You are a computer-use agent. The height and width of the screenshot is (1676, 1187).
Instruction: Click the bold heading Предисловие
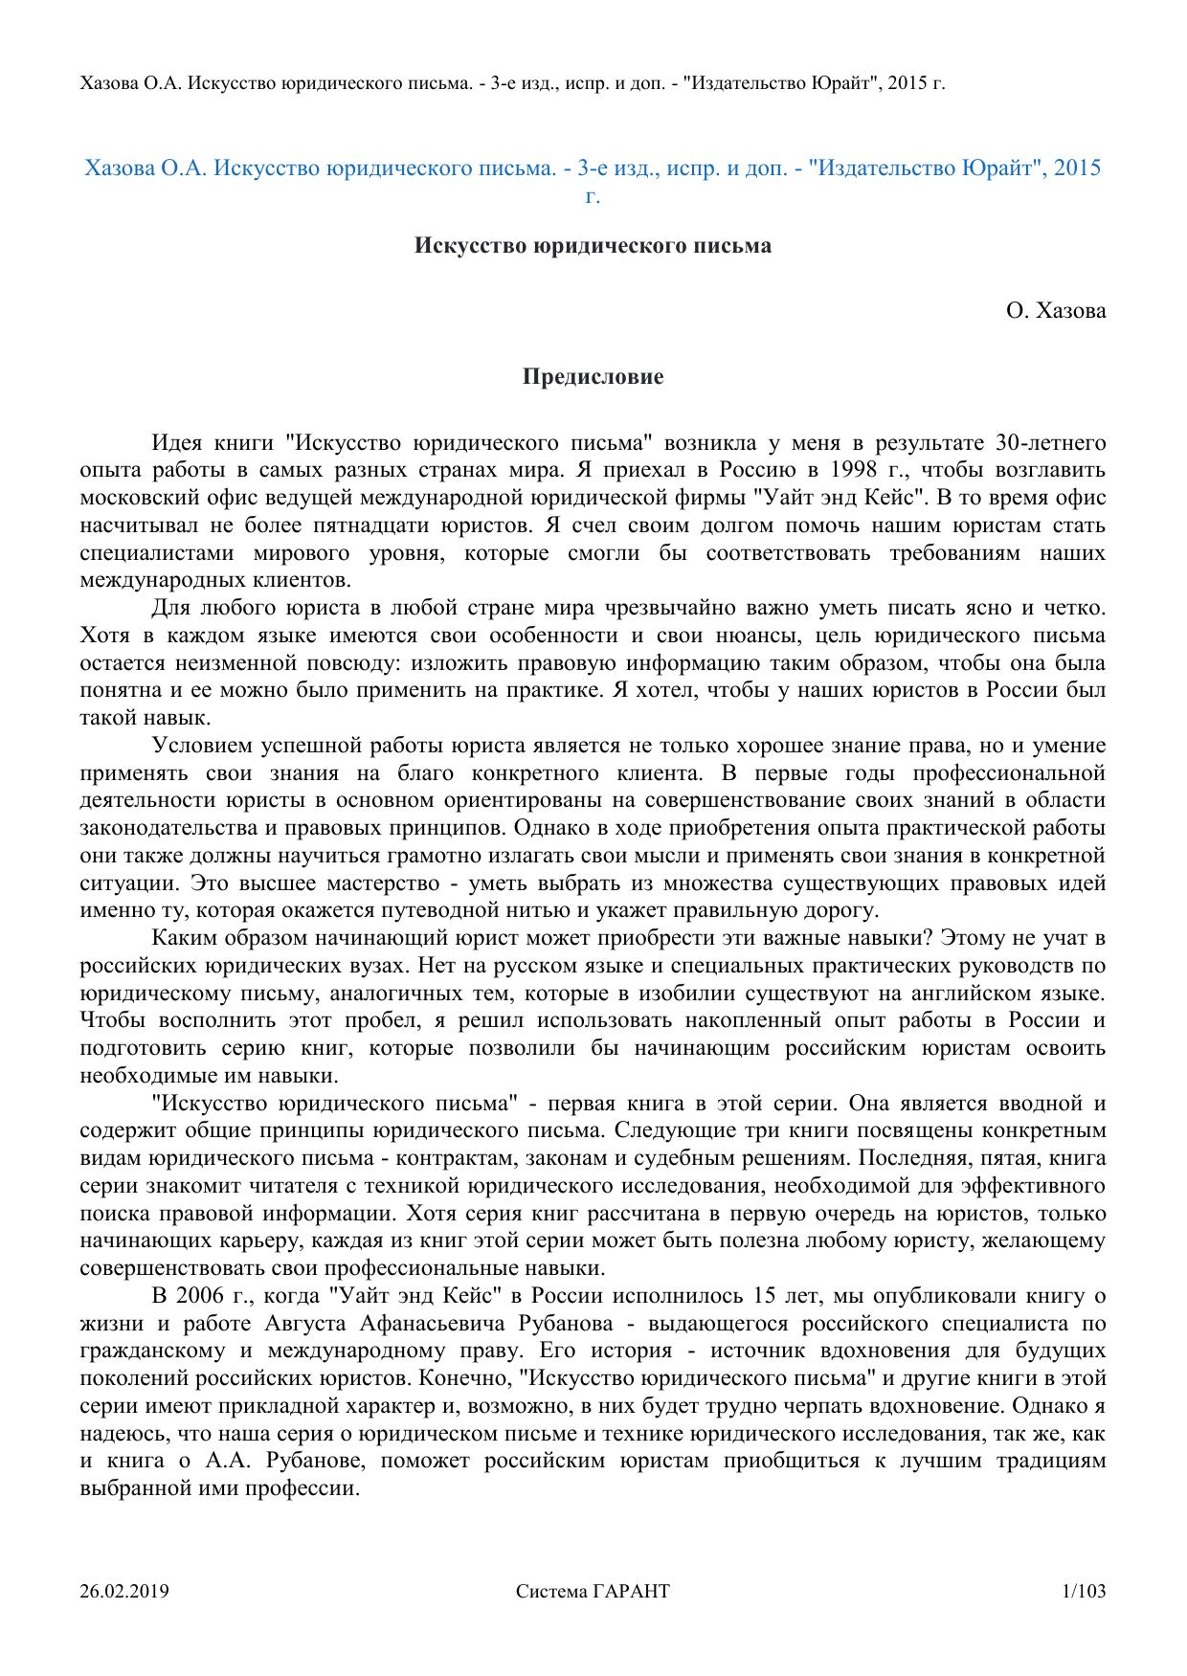point(593,377)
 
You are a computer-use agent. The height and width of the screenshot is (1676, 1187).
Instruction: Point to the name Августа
point(304,1325)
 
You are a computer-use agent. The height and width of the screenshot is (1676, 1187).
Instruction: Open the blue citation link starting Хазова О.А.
point(593,169)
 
